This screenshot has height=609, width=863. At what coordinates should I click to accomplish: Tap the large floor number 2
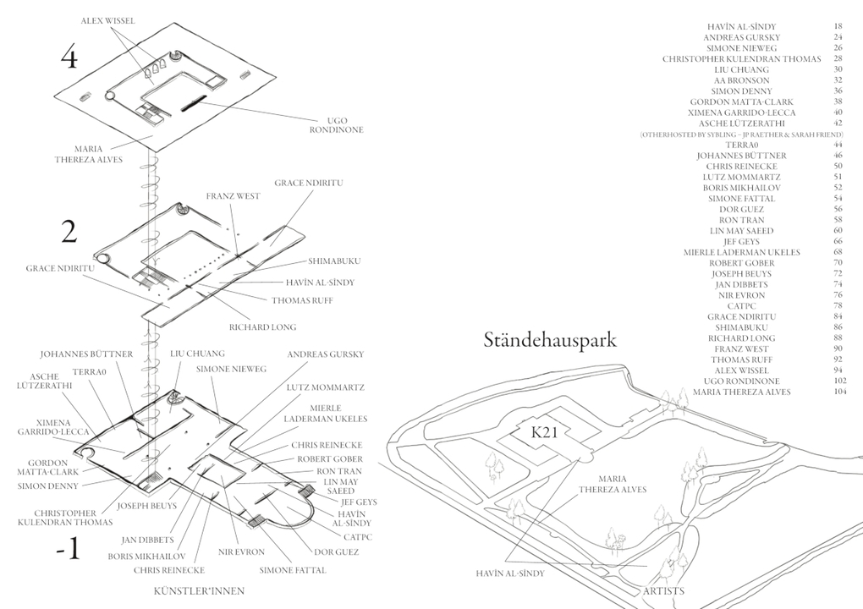(x=70, y=231)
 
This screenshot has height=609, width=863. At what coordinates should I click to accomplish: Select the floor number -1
(x=67, y=550)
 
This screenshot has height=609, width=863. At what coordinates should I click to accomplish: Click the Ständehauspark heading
(x=551, y=341)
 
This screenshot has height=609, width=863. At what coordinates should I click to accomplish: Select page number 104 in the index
(x=839, y=392)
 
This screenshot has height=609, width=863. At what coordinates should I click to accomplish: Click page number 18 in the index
(x=838, y=27)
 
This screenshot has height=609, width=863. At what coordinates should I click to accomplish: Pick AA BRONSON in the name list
(x=741, y=80)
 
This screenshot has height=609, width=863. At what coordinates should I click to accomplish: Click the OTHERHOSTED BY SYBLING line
(x=741, y=134)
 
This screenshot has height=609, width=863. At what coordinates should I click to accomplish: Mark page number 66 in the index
(x=838, y=241)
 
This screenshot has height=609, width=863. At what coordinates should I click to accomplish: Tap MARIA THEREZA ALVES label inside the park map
(x=613, y=484)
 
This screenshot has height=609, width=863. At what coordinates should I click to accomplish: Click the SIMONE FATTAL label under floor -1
(x=290, y=571)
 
